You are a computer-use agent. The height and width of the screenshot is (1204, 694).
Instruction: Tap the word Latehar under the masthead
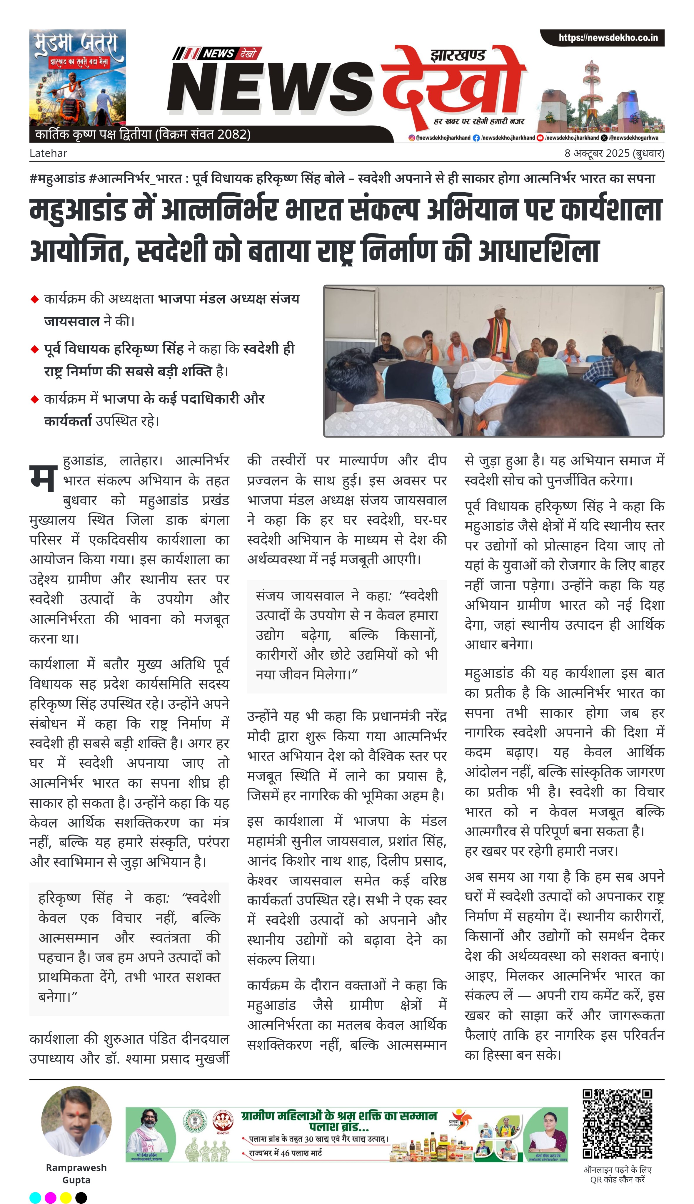click(48, 153)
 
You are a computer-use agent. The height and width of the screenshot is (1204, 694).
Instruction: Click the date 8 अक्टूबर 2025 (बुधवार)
click(614, 153)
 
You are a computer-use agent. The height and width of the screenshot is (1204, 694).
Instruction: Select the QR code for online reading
click(617, 1123)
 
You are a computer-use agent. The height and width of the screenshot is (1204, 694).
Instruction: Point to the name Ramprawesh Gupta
click(76, 1173)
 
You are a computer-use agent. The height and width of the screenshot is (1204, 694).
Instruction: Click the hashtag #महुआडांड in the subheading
click(57, 178)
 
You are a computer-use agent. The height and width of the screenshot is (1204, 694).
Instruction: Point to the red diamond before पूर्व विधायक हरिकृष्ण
click(34, 349)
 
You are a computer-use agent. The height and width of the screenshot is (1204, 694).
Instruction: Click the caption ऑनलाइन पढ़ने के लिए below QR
click(617, 1170)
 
